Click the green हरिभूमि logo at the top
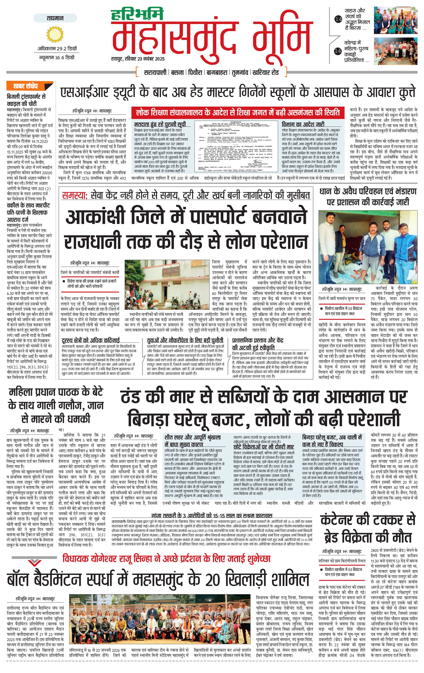137,15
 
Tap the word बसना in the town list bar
177,72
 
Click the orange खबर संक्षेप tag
26,86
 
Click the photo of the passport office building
167,285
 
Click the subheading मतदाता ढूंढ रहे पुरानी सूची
160,124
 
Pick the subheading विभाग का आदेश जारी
303,124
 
